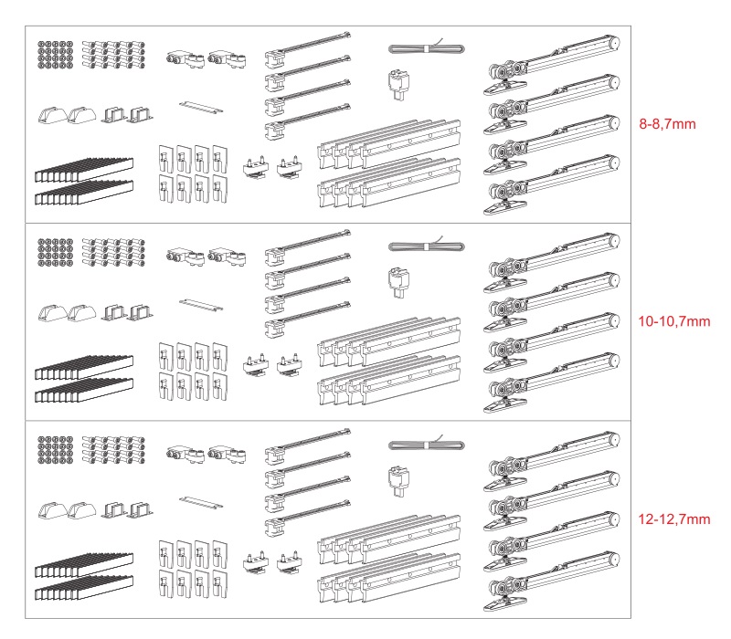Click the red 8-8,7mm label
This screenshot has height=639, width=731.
(667, 124)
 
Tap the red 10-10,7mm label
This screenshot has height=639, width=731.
(674, 321)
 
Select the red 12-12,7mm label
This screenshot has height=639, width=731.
(674, 519)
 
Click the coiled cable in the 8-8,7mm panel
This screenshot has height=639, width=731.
(427, 48)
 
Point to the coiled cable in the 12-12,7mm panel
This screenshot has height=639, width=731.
(427, 445)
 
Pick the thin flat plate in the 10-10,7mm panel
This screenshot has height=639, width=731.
(201, 305)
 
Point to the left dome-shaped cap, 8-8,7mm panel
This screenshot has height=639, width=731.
(53, 115)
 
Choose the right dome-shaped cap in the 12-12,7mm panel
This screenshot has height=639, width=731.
(82, 510)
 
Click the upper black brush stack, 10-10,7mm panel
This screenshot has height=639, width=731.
(84, 368)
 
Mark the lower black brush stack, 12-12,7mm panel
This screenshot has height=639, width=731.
(84, 587)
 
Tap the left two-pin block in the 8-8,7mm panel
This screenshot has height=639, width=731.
(256, 167)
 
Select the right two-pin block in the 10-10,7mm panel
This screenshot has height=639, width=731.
(290, 364)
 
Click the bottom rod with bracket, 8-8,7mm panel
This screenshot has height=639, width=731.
(308, 121)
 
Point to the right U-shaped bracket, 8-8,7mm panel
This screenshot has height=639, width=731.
(141, 115)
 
